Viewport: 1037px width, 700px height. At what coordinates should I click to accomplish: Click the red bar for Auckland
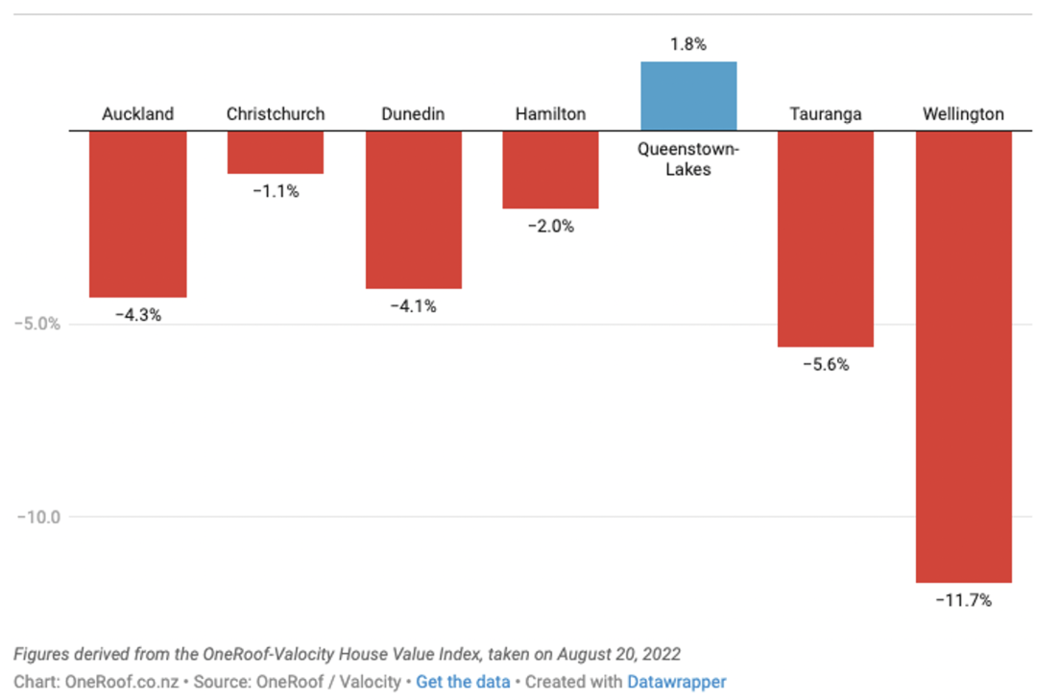click(x=137, y=214)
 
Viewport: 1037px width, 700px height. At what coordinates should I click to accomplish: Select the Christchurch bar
click(x=276, y=153)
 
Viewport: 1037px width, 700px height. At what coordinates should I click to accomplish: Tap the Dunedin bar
click(x=413, y=209)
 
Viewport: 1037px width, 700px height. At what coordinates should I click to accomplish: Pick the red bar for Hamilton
click(x=550, y=170)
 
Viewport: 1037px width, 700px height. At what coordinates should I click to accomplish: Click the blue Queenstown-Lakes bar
click(x=688, y=96)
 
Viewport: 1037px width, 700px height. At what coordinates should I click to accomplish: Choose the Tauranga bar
click(x=826, y=239)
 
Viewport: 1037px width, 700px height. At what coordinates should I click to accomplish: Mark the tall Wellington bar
click(x=964, y=357)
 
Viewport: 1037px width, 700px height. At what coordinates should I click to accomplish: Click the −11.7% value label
click(x=964, y=601)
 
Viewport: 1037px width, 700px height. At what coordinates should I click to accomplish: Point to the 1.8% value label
click(x=688, y=44)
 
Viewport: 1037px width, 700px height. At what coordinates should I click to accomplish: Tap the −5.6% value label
click(x=826, y=365)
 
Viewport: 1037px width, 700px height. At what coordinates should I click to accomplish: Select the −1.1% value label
click(x=276, y=192)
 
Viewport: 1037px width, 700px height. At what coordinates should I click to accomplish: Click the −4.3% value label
click(x=138, y=316)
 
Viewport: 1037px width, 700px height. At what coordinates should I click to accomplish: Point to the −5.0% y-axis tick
click(x=37, y=325)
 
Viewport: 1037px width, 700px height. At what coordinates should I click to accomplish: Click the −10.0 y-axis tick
click(x=38, y=518)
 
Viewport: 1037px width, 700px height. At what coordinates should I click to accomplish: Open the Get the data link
click(x=463, y=682)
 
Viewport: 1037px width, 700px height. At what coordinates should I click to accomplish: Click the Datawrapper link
click(x=677, y=682)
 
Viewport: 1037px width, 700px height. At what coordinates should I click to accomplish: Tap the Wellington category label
click(x=964, y=114)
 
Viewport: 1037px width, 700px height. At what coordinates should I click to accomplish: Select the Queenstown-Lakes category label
click(x=688, y=158)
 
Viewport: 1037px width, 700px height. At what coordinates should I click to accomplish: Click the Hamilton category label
click(x=551, y=114)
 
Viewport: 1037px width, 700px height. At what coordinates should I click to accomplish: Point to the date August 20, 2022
click(x=619, y=654)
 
